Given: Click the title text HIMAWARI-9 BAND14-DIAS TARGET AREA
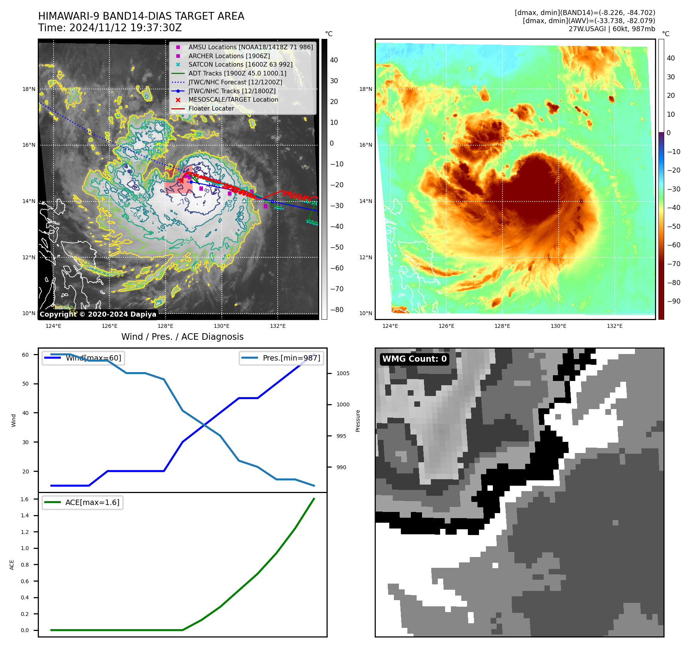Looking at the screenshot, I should tap(141, 16).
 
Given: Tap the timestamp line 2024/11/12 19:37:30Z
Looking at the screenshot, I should tap(110, 28).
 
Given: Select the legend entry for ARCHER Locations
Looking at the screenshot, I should tap(229, 56).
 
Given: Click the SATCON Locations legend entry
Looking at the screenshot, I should tap(240, 64).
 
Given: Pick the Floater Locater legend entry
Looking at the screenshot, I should tap(211, 108).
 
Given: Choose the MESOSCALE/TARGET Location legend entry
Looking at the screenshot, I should tap(233, 99).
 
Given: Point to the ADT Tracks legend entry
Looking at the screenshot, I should tap(237, 73).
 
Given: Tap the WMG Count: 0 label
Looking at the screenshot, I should tap(414, 359).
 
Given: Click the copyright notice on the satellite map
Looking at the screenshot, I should tap(98, 314).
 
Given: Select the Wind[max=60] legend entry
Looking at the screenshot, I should tap(93, 358).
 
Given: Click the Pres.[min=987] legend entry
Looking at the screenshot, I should tap(291, 358).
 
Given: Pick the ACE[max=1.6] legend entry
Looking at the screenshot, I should tap(92, 502).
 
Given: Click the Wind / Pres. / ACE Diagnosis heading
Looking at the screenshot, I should tap(182, 337).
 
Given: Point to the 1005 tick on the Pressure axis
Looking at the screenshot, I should tap(343, 373).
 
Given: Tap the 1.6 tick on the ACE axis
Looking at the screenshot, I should tap(25, 499).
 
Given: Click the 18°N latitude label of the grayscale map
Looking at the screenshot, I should tap(29, 89).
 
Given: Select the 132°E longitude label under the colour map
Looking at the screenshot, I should tap(615, 326).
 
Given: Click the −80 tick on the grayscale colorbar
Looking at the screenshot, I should tap(337, 310).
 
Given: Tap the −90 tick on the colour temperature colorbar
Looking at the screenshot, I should tap(673, 301).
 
